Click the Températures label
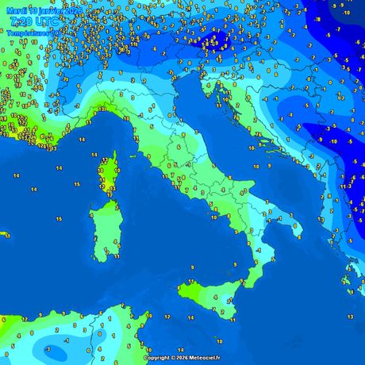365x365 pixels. pos(29,34)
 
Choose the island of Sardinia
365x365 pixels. pos(104,230)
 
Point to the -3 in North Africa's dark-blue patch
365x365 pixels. pos(48,348)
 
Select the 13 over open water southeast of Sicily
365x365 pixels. pos(350,317)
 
